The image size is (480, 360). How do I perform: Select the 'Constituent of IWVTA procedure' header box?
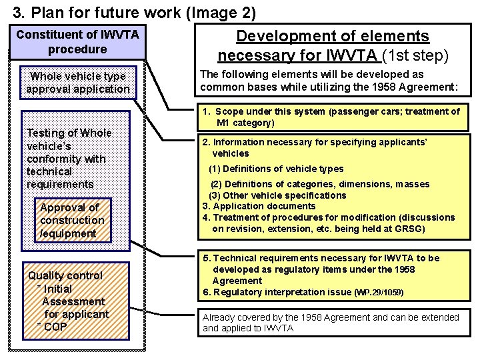coord(77,41)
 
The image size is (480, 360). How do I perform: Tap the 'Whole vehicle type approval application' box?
coord(78,83)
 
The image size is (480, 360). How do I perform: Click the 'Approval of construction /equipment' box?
coord(72,220)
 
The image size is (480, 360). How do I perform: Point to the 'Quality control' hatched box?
coord(66,275)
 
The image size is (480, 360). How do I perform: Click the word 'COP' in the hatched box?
coord(55,327)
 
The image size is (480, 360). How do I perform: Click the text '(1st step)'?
coord(414,55)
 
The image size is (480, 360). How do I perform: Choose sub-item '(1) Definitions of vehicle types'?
coord(276,169)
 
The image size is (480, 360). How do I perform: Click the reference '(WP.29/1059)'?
coord(379,293)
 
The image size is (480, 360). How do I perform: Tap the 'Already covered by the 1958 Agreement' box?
coord(331,323)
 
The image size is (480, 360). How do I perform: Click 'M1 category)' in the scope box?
coord(245,123)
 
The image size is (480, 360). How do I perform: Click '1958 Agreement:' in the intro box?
coord(420,87)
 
